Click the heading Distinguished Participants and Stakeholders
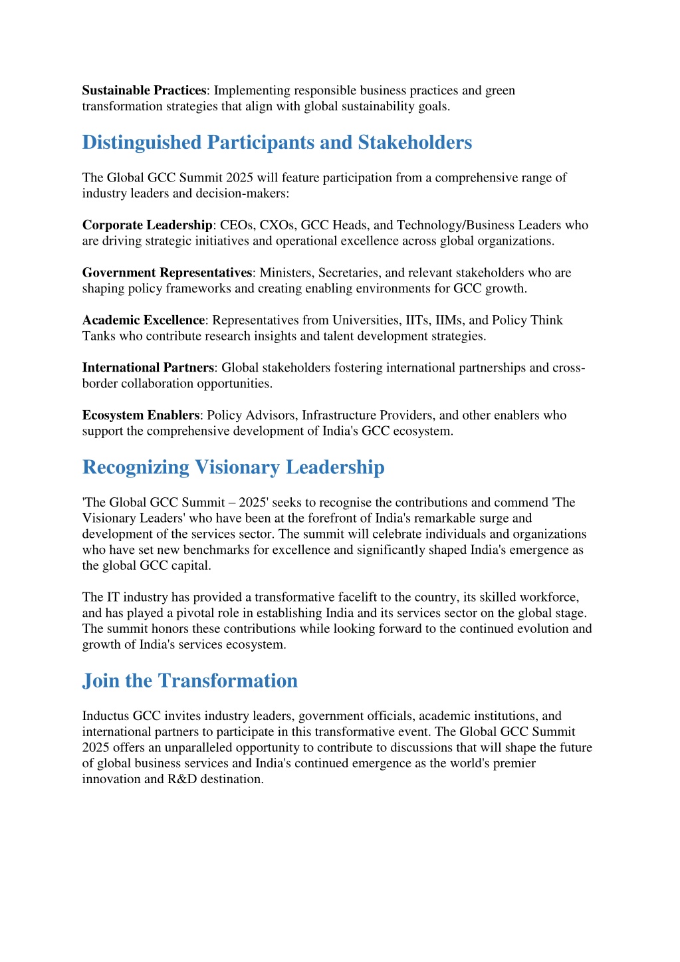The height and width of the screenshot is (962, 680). pyautogui.click(x=277, y=142)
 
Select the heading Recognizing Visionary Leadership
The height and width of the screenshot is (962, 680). pyautogui.click(x=233, y=467)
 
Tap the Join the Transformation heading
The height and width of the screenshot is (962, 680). pyautogui.click(x=189, y=681)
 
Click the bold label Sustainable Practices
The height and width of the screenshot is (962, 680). pyautogui.click(x=144, y=90)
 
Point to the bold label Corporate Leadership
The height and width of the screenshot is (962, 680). pyautogui.click(x=147, y=225)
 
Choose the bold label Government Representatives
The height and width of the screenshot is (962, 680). pyautogui.click(x=167, y=273)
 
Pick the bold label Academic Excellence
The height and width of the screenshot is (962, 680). pyautogui.click(x=143, y=320)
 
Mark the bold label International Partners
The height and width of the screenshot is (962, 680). pyautogui.click(x=148, y=368)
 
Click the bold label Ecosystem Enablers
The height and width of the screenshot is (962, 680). pyautogui.click(x=140, y=416)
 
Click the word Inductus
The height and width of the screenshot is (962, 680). pyautogui.click(x=106, y=716)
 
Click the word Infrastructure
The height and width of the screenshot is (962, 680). pyautogui.click(x=339, y=416)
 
